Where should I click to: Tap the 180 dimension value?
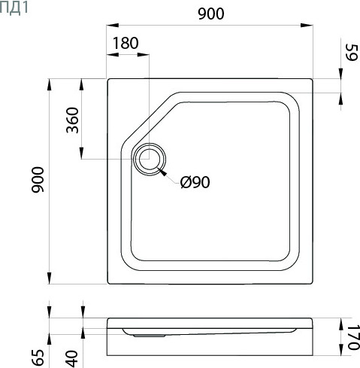[126, 44]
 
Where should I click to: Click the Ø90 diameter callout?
[195, 182]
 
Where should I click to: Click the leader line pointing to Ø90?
[170, 176]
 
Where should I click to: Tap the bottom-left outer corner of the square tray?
[109, 285]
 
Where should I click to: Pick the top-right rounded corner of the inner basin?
[293, 102]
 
